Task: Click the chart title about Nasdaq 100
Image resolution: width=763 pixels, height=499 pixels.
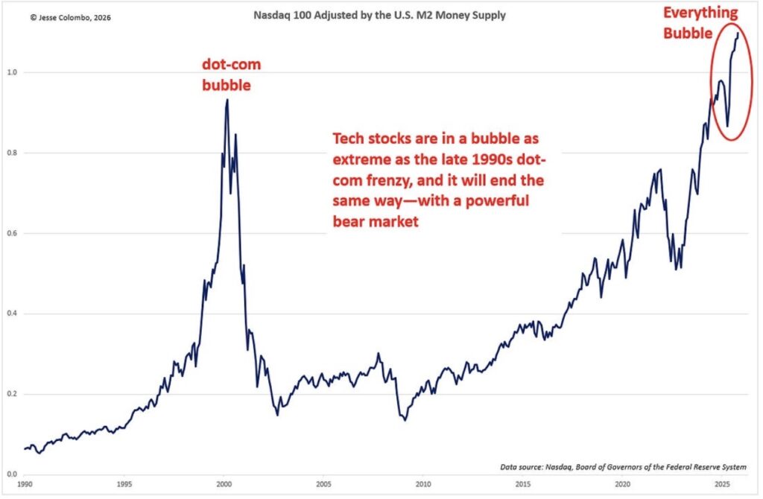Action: [381, 15]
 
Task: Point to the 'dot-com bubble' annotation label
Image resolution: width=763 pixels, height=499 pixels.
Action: [232, 75]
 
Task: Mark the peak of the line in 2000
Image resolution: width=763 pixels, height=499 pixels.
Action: [227, 100]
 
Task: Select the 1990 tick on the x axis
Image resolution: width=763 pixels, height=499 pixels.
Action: [25, 484]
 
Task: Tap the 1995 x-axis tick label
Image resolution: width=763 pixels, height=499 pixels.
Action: [124, 484]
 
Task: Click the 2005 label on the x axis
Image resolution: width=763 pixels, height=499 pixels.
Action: [323, 484]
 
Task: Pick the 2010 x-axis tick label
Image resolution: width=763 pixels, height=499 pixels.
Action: [423, 484]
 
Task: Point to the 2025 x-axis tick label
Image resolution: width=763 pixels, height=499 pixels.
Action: [722, 484]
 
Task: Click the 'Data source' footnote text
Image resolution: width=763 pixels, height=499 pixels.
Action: [623, 467]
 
